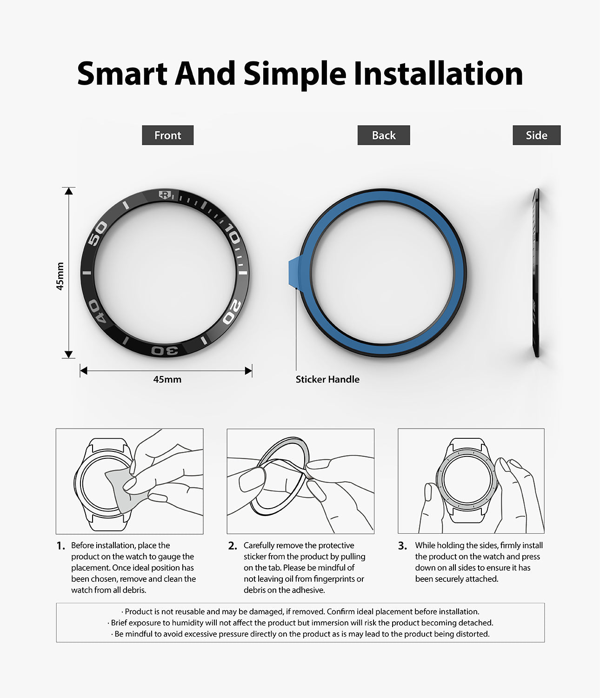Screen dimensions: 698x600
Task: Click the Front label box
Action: coord(167,135)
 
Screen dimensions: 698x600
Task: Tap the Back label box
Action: coord(384,135)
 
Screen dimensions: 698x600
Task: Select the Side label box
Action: coord(536,135)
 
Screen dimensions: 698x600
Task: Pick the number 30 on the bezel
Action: coord(165,350)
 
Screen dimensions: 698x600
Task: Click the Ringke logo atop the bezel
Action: coord(164,195)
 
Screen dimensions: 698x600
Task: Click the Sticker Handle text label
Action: coord(327,379)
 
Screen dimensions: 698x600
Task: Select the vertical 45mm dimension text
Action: coord(60,276)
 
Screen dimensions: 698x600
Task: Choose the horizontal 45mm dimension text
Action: coord(167,379)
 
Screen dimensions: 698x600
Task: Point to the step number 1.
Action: coord(60,546)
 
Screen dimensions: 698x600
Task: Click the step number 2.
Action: coord(233,546)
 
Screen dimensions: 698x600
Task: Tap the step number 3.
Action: coord(402,546)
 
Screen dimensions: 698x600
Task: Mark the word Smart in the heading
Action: coord(122,74)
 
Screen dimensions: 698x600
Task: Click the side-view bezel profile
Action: coord(536,273)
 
